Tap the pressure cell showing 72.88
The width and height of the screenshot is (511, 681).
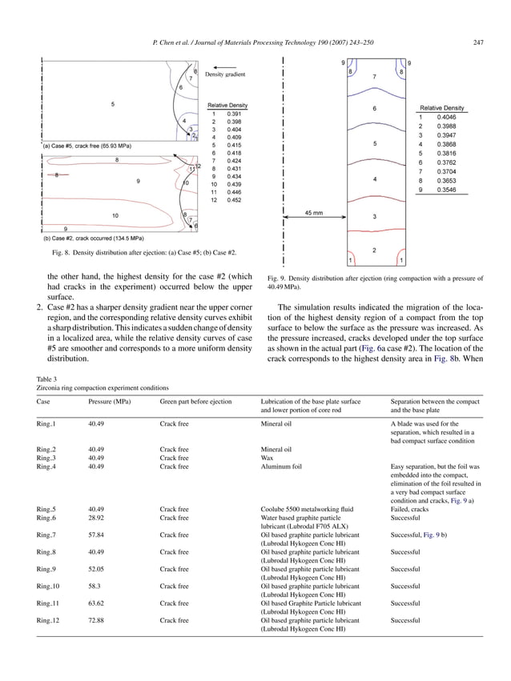[x=98, y=619]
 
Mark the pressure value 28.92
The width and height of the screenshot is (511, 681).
[x=98, y=518]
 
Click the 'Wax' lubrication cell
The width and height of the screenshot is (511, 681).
[x=268, y=458]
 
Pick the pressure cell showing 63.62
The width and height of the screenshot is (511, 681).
[x=98, y=603]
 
